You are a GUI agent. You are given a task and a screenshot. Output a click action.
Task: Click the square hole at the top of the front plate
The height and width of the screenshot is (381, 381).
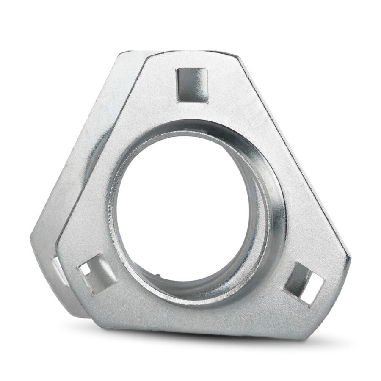[x=192, y=85]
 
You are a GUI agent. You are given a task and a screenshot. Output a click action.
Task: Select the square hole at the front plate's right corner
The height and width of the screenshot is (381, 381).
[x=304, y=283]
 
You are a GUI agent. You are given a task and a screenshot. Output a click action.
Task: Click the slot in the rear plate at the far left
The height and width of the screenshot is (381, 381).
[x=56, y=271]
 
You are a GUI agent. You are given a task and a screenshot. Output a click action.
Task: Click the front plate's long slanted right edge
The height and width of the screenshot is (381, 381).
[x=296, y=157]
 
